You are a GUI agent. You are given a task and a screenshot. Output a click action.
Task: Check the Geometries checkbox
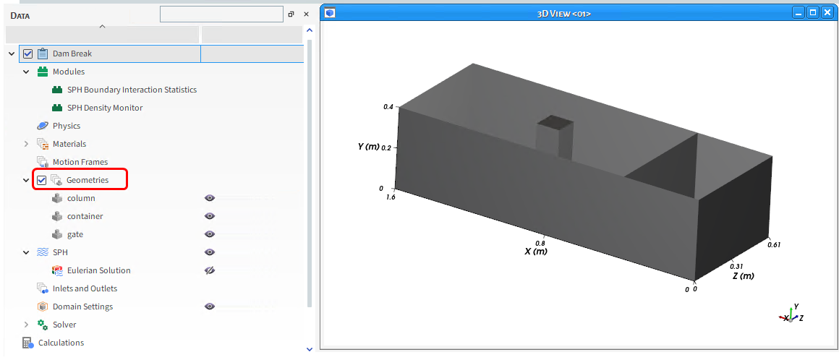(x=42, y=180)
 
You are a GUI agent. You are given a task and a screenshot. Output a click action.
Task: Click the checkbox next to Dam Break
(x=27, y=54)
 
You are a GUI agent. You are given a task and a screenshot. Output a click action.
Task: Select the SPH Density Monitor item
(x=105, y=108)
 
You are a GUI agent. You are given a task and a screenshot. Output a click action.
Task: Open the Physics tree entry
(x=67, y=127)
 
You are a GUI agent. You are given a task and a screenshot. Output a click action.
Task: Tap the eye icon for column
(x=210, y=199)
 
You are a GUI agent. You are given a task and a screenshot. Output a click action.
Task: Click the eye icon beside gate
(x=210, y=234)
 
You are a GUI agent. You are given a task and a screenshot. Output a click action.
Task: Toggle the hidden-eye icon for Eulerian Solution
(x=210, y=270)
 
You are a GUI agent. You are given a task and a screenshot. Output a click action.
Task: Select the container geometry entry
(x=85, y=217)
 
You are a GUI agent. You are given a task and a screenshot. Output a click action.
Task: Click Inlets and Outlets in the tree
(x=85, y=289)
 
